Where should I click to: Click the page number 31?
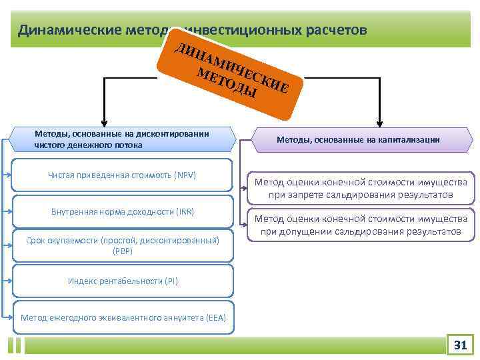pos(460,345)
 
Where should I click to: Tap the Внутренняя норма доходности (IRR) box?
pos(123,211)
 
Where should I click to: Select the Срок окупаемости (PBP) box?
pos(123,245)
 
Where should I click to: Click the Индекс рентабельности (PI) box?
pos(123,281)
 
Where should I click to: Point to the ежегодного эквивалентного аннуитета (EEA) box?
pos(123,317)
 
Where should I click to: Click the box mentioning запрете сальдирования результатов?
pos(361,188)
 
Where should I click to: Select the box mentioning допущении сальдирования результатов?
pos(361,225)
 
